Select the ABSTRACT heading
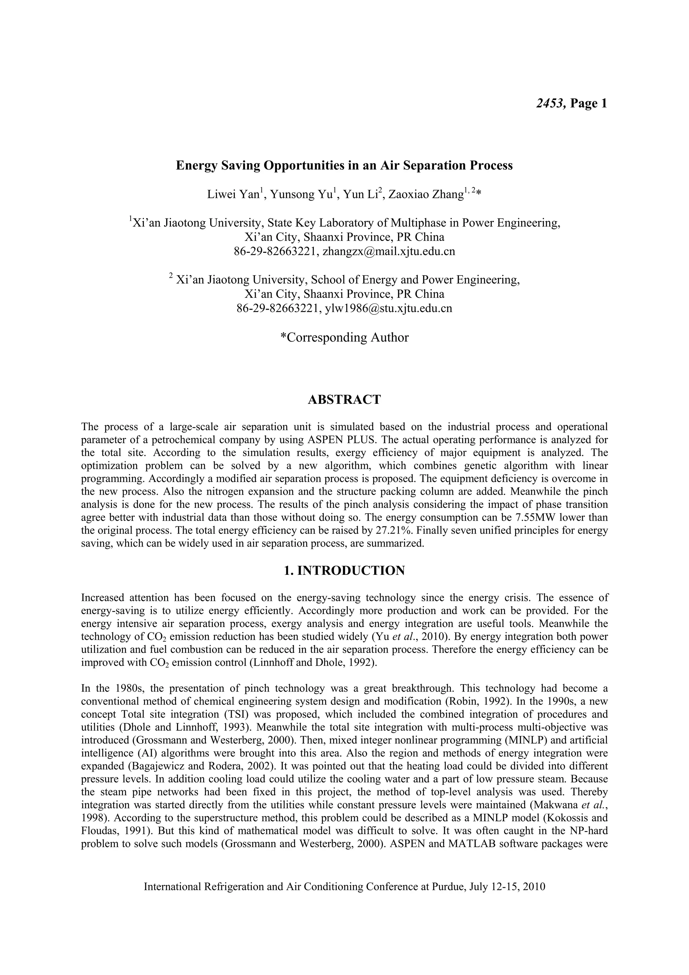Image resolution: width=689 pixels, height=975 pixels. pos(344,399)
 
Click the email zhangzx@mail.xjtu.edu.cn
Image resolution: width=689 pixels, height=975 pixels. pos(389,251)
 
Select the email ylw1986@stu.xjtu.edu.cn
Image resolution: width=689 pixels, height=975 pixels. pos(388,308)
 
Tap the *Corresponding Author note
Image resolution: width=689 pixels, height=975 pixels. pos(344,337)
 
